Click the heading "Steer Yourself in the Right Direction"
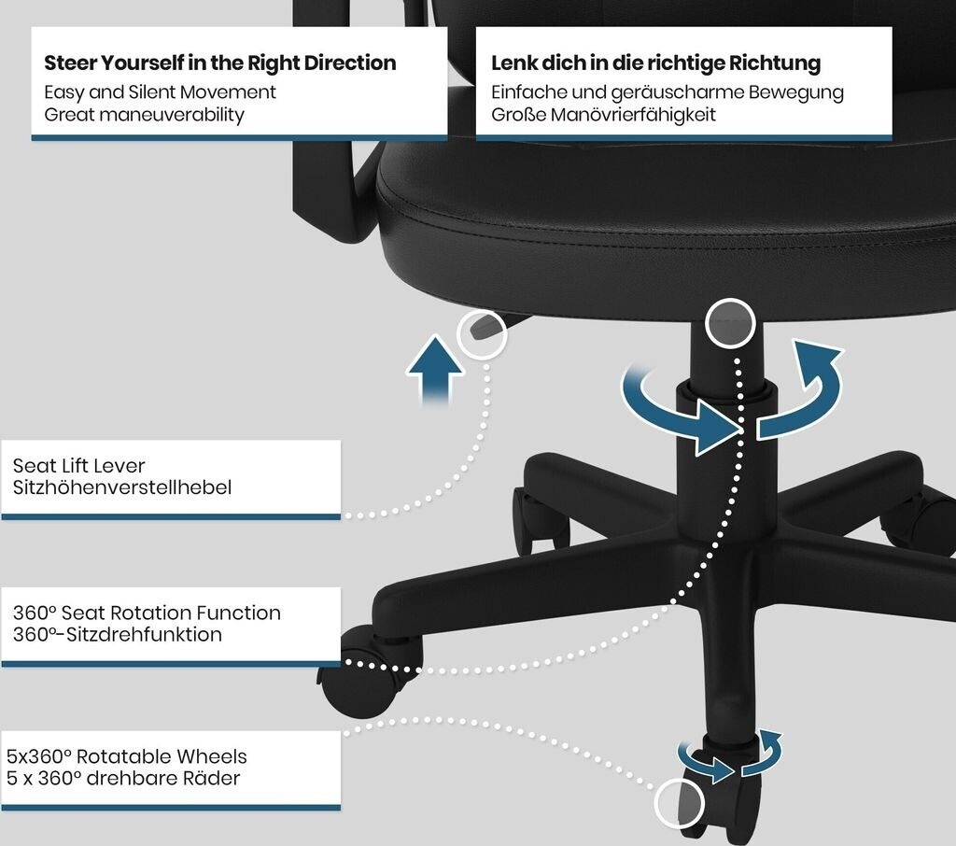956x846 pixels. pos(220,63)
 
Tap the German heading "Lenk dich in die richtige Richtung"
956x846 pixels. pos(655,63)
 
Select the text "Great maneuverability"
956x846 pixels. pos(144,115)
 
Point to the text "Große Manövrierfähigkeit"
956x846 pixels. pos(603,115)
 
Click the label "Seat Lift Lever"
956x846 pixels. pos(79,465)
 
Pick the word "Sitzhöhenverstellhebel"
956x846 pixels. pos(121,486)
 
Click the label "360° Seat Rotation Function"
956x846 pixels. pos(147,613)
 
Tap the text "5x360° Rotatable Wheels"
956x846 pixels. pos(127,755)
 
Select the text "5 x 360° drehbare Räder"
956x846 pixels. pos(123,777)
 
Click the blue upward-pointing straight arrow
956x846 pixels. pos(435,372)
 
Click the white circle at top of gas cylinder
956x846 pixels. pos(730,323)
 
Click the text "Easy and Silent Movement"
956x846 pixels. pos(161,92)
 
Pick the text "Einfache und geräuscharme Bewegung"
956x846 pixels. pos(668,92)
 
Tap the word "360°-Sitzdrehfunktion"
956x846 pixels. pos(118,634)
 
